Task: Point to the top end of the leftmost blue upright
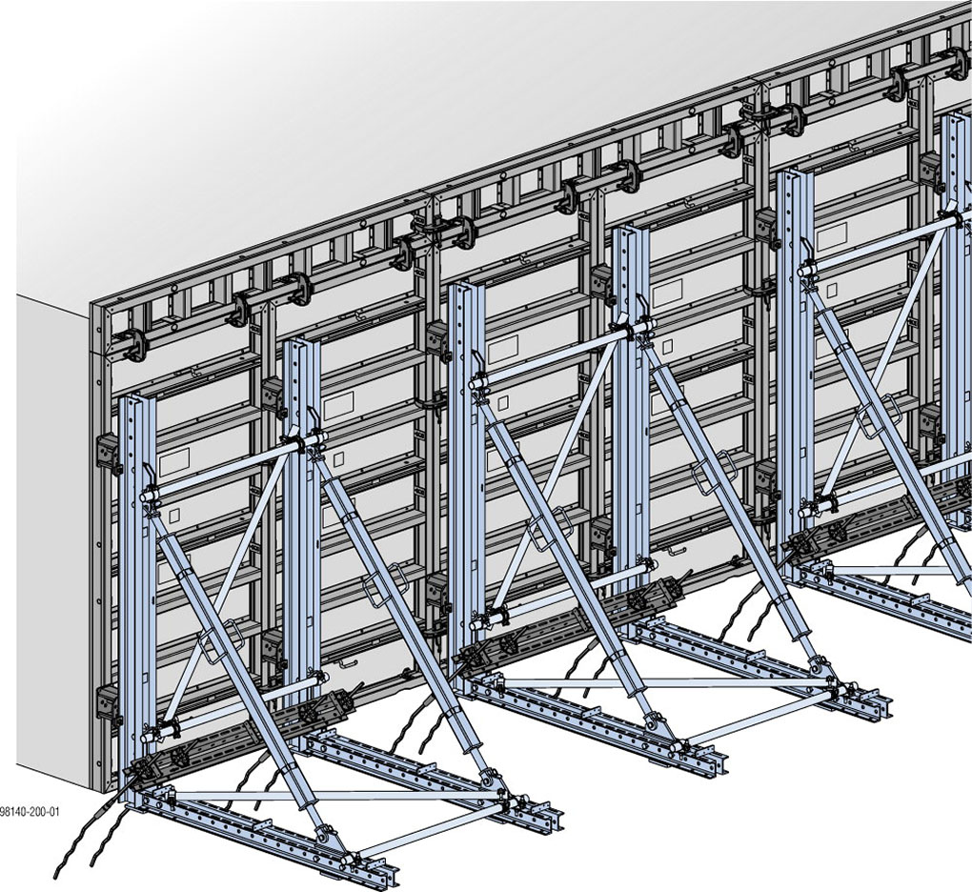click(133, 400)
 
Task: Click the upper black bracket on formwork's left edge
click(108, 454)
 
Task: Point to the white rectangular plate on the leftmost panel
click(174, 464)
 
